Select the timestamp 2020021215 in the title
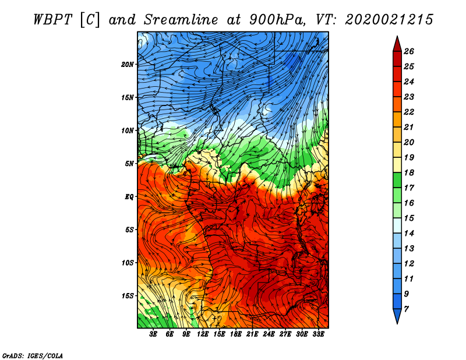click(x=389, y=19)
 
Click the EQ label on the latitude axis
click(x=129, y=197)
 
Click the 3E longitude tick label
click(x=154, y=334)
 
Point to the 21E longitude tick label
click(x=253, y=334)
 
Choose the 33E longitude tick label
click(x=319, y=334)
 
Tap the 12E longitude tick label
click(x=203, y=334)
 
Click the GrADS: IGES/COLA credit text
click(x=33, y=355)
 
